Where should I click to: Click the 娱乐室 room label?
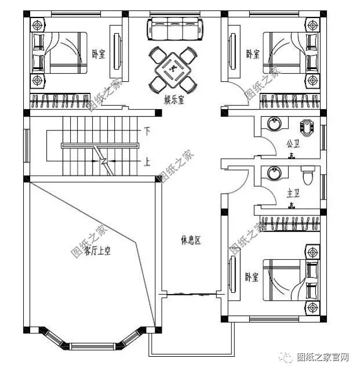pyautogui.click(x=174, y=100)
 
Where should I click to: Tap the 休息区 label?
pyautogui.click(x=190, y=240)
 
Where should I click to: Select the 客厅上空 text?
pyautogui.click(x=98, y=251)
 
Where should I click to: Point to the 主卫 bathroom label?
pyautogui.click(x=293, y=193)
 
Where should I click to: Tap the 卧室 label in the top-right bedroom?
pyautogui.click(x=253, y=54)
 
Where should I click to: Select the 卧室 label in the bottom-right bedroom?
pyautogui.click(x=251, y=277)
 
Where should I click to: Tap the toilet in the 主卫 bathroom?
pyautogui.click(x=308, y=173)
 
